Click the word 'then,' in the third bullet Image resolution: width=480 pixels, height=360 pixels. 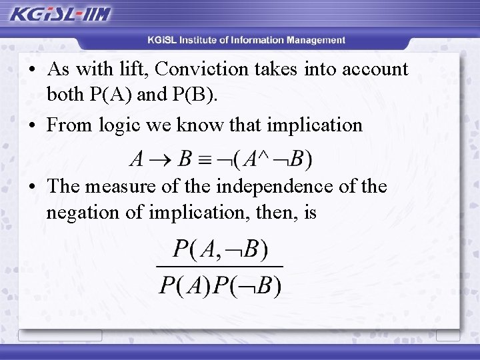tap(269, 213)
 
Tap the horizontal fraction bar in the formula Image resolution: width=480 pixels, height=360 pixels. tap(219, 267)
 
